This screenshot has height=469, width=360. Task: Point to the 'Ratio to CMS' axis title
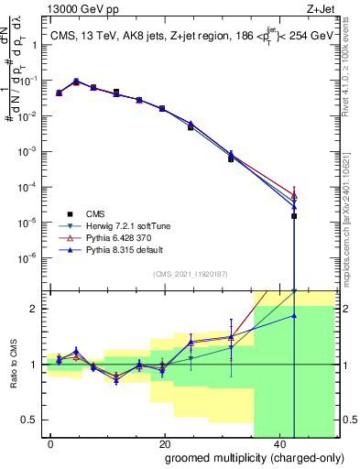point(14,365)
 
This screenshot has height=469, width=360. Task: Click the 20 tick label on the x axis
point(164,442)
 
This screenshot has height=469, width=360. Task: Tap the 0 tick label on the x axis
point(50,442)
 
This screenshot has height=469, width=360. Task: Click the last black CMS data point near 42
point(294,216)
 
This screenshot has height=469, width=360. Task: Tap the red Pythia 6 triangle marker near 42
point(294,194)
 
